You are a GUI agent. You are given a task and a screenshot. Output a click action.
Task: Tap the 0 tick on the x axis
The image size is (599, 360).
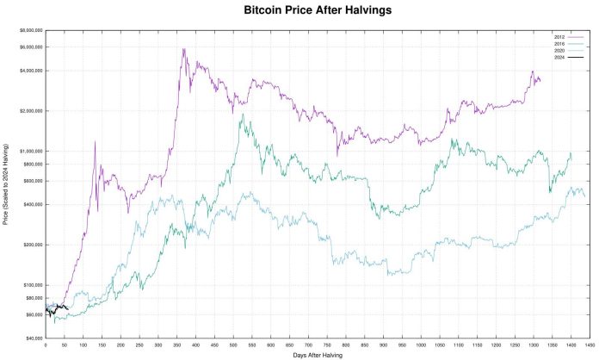tap(45, 345)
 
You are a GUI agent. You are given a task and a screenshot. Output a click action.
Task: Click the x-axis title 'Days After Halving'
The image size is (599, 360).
tap(318, 355)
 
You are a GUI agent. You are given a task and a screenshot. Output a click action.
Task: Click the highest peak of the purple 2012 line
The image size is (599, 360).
tap(183, 49)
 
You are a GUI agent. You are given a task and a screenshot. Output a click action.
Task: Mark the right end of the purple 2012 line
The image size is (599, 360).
tap(540, 80)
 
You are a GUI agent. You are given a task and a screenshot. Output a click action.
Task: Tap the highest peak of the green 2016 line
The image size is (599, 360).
tap(243, 115)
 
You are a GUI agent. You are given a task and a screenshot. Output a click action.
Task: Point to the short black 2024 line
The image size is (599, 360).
tap(57, 307)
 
